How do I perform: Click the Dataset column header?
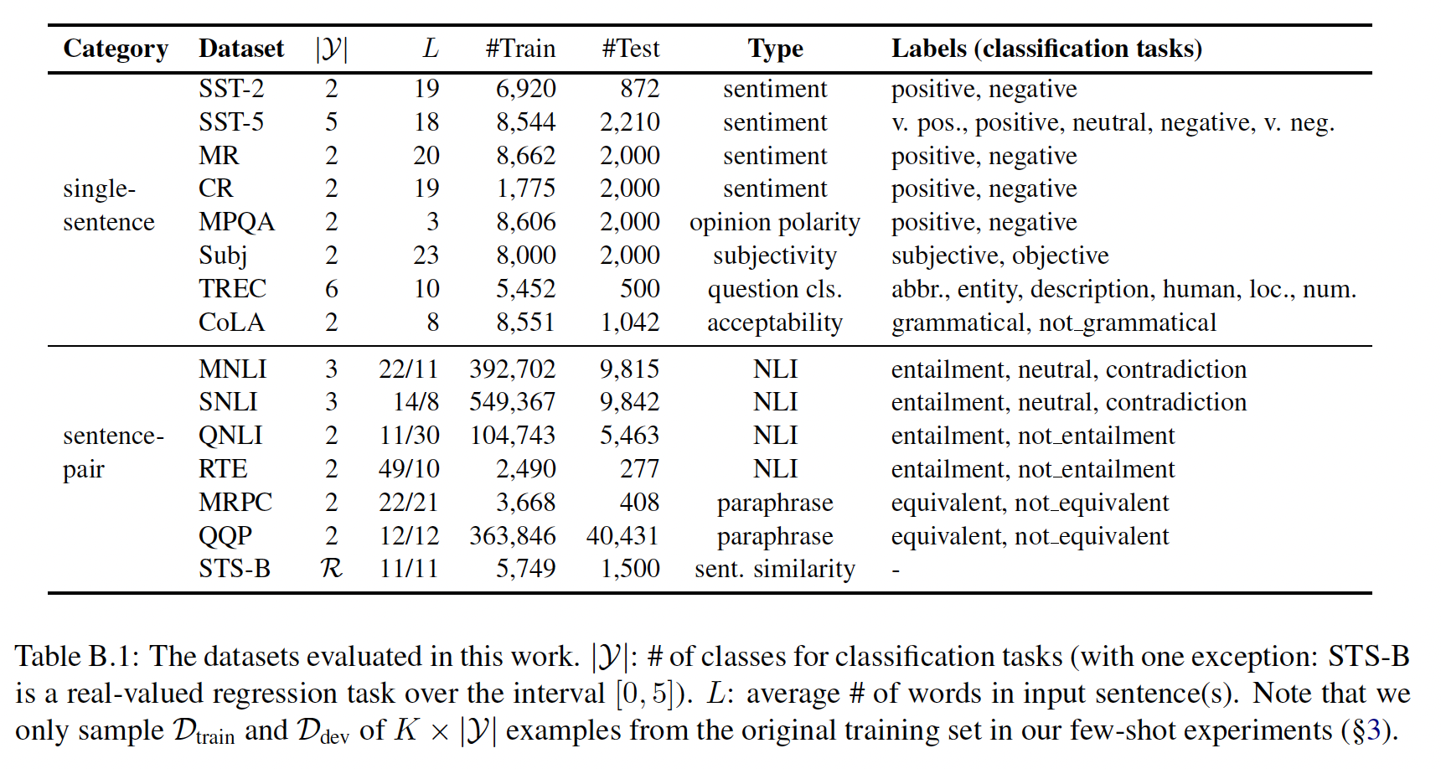point(241,49)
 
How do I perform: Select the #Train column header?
point(520,49)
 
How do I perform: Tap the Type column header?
point(775,49)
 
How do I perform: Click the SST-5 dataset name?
point(231,122)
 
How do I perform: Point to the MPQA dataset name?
point(236,222)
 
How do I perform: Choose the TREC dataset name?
point(232,289)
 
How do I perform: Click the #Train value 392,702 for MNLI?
point(512,369)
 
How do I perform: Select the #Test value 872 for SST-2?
point(639,89)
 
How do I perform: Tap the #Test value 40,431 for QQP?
point(622,536)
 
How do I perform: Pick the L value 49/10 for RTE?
point(409,469)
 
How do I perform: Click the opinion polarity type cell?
point(775,223)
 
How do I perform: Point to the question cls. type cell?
point(775,290)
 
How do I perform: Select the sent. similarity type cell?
point(775,570)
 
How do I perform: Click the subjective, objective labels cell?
point(999,255)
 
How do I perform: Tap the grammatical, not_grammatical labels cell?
point(1053,323)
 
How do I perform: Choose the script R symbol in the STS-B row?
point(331,569)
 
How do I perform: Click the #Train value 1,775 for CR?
point(525,188)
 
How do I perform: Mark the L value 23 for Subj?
point(426,255)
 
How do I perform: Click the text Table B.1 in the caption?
point(75,657)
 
